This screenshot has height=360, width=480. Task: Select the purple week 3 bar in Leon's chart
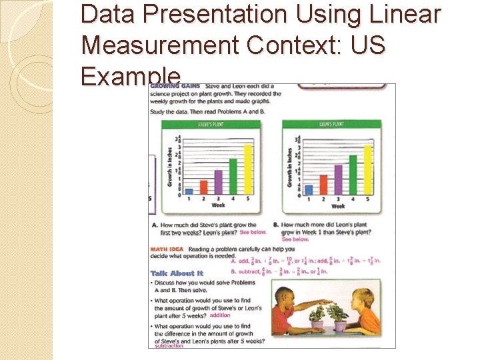338,179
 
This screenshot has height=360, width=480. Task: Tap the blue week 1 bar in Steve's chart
189,191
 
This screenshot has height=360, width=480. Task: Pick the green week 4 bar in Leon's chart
353,175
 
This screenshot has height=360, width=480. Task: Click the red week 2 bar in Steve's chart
204,187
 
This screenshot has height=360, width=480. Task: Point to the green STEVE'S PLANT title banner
212,124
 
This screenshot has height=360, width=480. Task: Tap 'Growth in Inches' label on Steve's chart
171,167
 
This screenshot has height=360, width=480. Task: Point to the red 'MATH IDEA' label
167,249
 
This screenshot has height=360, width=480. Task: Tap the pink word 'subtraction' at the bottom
169,346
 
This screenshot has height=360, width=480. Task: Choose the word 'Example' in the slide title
131,77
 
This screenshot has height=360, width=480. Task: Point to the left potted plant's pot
318,324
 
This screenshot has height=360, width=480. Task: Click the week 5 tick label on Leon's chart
368,199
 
